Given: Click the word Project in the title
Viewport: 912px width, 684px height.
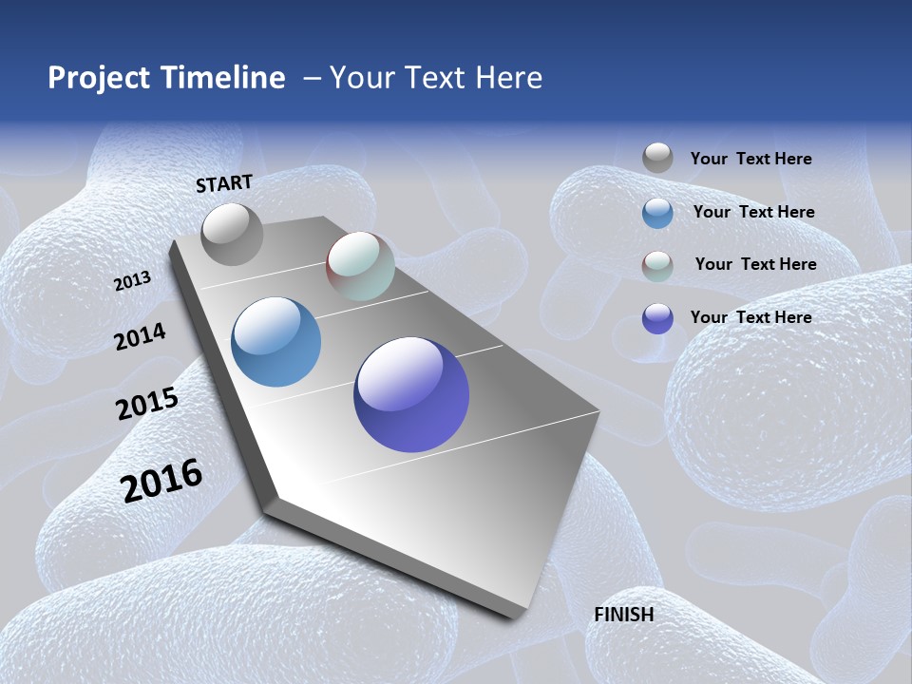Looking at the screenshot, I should [x=99, y=78].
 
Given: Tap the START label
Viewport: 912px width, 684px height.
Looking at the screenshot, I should [x=224, y=183].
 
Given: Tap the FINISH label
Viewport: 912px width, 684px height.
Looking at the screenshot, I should [x=623, y=615].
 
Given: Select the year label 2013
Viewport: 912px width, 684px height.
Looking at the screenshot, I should [x=133, y=281].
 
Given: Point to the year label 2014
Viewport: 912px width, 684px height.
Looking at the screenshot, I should [x=140, y=336].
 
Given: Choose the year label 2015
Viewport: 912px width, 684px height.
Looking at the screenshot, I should [x=147, y=404].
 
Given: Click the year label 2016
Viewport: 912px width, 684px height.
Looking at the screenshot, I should [x=161, y=481].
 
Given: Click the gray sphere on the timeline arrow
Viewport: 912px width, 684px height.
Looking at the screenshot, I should [x=232, y=234].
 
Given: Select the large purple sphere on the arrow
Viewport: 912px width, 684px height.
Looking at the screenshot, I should [x=411, y=394].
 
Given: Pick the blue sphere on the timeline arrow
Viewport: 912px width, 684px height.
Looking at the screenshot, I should [x=275, y=342].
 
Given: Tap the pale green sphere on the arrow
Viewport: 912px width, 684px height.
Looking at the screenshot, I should [x=360, y=266].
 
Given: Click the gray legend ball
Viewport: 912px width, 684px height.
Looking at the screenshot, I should [x=657, y=158].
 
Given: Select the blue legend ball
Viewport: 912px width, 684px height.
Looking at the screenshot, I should [x=657, y=213].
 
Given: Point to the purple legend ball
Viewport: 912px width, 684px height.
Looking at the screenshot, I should [x=657, y=318].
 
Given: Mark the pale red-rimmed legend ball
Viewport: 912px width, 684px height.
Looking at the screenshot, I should [x=657, y=266].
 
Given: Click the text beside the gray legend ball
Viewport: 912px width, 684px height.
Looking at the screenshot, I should [x=750, y=160].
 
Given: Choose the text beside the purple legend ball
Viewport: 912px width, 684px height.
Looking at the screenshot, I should [x=750, y=317].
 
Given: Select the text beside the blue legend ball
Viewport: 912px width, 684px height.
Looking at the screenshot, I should [x=753, y=212].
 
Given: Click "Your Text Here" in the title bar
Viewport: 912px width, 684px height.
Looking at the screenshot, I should [x=436, y=78].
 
